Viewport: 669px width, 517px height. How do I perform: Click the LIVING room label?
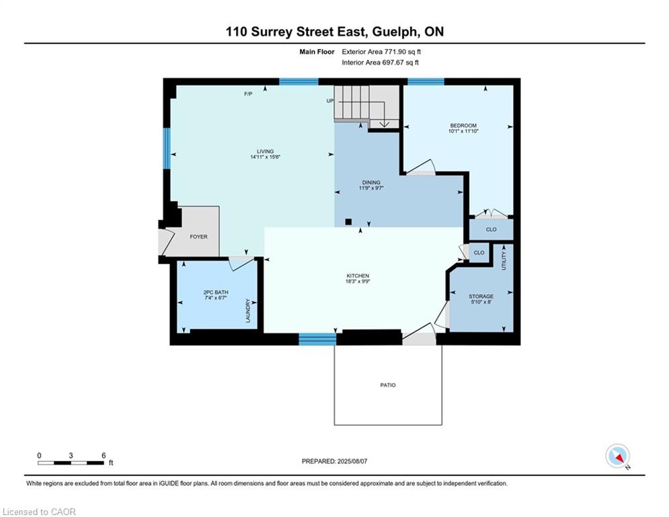point(265,151)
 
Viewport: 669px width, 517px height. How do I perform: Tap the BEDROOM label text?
point(463,126)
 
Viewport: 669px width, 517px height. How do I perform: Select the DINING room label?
point(371,182)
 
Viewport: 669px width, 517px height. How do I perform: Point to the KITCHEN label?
point(358,276)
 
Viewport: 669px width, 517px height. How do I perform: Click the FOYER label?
point(198,237)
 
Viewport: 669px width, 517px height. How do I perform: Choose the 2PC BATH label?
point(215,292)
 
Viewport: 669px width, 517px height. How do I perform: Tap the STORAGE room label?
point(481,296)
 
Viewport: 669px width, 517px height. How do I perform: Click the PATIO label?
point(388,385)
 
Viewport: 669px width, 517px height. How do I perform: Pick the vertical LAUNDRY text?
point(248,310)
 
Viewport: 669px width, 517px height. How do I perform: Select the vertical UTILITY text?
point(504,261)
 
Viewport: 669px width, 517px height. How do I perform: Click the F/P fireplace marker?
point(248,94)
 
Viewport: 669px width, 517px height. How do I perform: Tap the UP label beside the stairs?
point(330,101)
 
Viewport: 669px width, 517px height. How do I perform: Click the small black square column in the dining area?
point(348,221)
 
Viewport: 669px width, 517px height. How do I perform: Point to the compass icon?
point(617,456)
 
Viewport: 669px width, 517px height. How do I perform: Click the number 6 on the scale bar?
point(104,456)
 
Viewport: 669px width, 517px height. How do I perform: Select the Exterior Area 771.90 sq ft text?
point(381,52)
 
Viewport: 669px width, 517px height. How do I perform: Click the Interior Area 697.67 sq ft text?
point(380,63)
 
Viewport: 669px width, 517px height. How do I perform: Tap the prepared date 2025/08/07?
point(352,461)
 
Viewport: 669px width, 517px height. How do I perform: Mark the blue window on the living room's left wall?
point(167,148)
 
